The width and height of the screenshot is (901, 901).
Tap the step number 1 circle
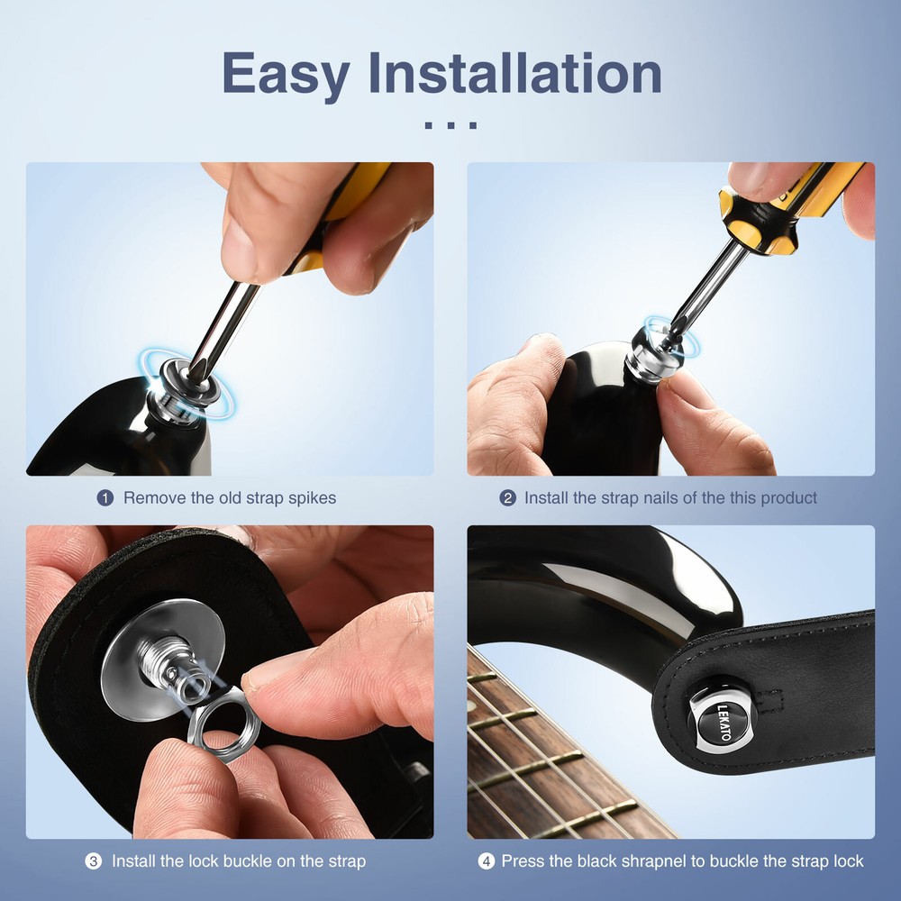105,497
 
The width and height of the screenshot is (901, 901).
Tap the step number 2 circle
508,497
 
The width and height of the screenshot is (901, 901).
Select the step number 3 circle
94,861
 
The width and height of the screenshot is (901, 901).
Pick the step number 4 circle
487,861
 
